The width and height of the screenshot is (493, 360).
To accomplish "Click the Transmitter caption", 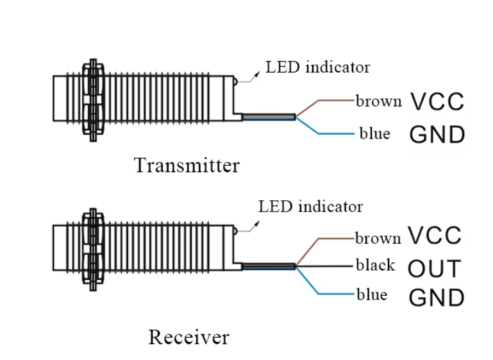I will point(187,166).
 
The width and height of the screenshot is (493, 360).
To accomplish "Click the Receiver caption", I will point(188,337).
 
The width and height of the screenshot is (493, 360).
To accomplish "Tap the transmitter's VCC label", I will point(437,101).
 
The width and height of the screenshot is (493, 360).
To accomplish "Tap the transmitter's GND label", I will point(437,134).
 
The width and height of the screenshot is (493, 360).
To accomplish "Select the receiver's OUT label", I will point(434,269).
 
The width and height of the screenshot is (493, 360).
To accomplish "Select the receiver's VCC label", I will point(434,236).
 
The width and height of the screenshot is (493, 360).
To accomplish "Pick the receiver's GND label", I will point(436,298).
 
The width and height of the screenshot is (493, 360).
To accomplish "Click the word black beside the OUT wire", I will point(376,265).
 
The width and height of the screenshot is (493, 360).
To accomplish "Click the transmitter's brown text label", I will point(378,101).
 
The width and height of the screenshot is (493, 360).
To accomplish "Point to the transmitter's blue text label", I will point(374,133).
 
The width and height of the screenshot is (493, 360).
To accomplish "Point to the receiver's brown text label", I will point(378,238).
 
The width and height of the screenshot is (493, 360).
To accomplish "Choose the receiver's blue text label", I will point(372,295).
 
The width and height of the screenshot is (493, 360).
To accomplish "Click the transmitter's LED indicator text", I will point(318,67).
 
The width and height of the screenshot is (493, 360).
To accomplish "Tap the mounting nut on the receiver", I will point(93,248).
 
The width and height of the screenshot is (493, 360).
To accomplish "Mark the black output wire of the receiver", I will point(327,265).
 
